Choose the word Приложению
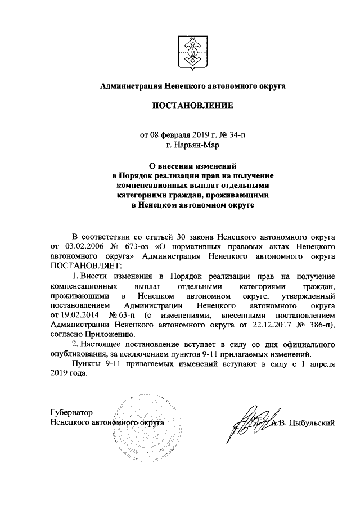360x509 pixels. pyautogui.click(x=104, y=334)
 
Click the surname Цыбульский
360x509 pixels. pyautogui.click(x=312, y=422)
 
